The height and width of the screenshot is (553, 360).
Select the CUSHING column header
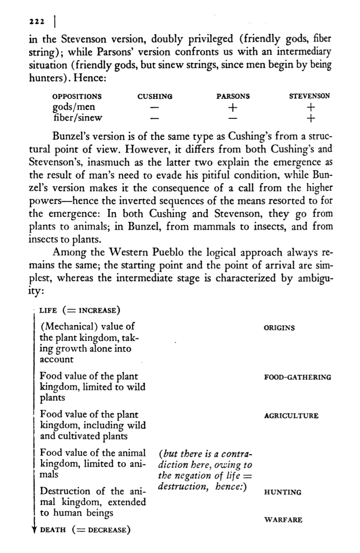click(x=155, y=97)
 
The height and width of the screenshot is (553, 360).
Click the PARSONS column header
click(x=233, y=97)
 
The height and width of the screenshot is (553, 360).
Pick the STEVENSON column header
click(x=309, y=97)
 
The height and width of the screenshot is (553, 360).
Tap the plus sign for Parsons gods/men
click(x=233, y=107)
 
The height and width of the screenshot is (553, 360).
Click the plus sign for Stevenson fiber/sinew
click(x=310, y=117)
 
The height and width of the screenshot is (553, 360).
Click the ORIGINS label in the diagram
click(x=279, y=328)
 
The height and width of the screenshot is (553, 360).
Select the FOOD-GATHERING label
click(x=297, y=377)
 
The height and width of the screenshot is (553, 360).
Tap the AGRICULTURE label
click(x=291, y=416)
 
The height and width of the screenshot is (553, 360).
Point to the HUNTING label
click(x=282, y=493)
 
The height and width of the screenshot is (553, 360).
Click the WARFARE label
click(x=283, y=520)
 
